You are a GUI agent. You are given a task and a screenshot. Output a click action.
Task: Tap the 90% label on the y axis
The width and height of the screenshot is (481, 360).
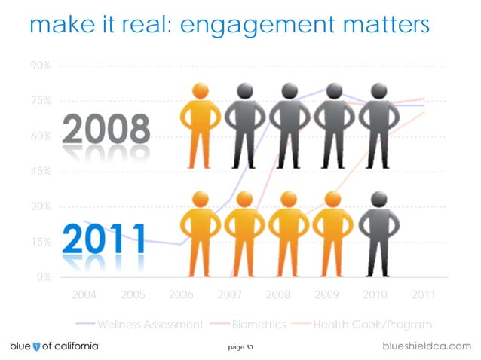pyautogui.click(x=40, y=66)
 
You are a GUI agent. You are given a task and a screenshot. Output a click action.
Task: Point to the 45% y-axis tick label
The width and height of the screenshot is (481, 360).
pyautogui.click(x=40, y=171)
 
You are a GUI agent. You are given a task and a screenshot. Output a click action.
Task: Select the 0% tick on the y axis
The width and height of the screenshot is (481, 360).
pyautogui.click(x=44, y=276)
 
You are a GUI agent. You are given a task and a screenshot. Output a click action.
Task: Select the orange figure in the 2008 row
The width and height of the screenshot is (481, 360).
pyautogui.click(x=200, y=124)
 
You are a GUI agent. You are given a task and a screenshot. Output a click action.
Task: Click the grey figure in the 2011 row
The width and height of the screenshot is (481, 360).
pyautogui.click(x=379, y=233)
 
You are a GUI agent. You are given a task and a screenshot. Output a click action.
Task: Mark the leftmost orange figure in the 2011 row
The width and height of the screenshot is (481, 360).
pyautogui.click(x=200, y=233)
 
